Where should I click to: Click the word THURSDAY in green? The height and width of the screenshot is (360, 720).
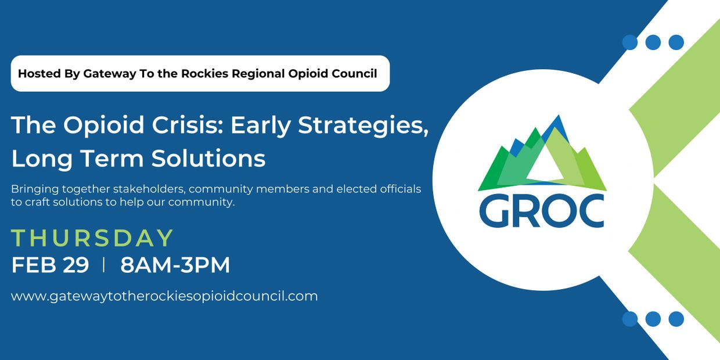[x=92, y=238]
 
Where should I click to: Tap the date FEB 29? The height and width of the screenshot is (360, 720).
[x=50, y=265]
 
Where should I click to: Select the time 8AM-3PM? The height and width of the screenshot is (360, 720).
[x=175, y=265]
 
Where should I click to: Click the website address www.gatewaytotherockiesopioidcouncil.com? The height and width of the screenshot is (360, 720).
[x=164, y=296]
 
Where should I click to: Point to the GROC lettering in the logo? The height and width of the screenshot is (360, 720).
[x=542, y=211]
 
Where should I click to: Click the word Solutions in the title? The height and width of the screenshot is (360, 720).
[x=208, y=158]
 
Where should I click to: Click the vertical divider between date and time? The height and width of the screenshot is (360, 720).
[x=103, y=265]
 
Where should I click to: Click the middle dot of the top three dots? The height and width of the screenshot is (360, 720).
[x=653, y=42]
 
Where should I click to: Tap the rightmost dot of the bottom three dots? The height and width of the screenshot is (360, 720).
[x=676, y=319]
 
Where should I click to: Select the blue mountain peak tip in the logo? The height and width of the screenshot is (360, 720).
[x=559, y=116]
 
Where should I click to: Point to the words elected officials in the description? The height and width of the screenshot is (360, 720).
[x=379, y=189]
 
